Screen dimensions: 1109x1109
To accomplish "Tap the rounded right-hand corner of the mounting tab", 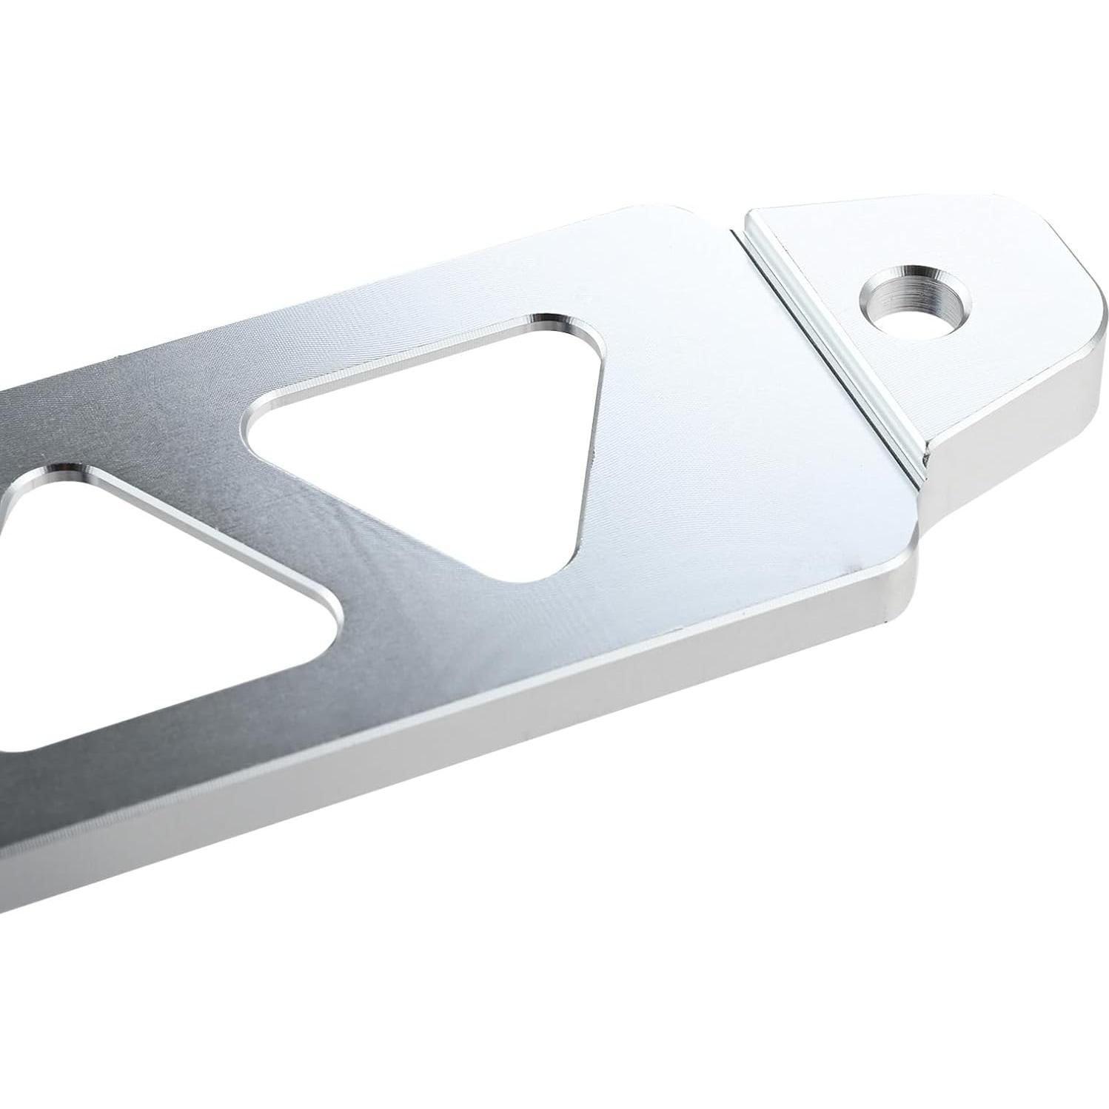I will [x=1088, y=311].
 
